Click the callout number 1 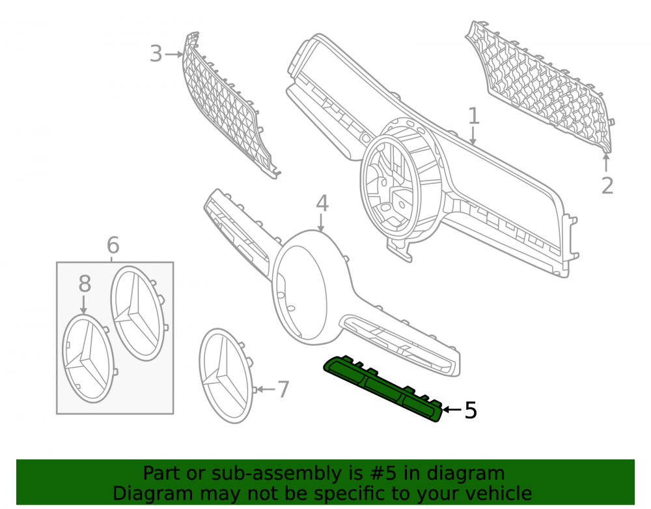(474, 116)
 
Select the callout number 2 (607, 185)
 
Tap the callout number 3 (156, 54)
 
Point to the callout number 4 (322, 203)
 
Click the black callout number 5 (471, 410)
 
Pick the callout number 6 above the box (113, 245)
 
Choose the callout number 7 (283, 390)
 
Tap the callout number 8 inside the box (85, 284)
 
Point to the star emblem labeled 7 (227, 376)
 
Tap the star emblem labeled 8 (89, 358)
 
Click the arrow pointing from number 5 (452, 410)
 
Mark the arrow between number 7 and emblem (266, 389)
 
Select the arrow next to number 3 (174, 54)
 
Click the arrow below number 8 (84, 304)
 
